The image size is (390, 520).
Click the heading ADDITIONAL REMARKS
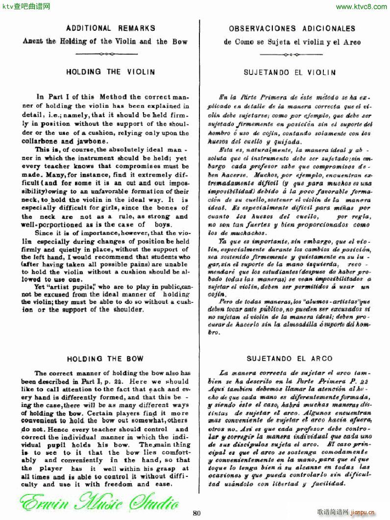point(110,28)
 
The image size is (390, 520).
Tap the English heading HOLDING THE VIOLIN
point(110,72)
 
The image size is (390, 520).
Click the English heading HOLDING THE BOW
point(110,358)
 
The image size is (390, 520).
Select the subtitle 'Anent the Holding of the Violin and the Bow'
point(105,42)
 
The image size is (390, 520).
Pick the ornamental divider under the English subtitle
point(106,54)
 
